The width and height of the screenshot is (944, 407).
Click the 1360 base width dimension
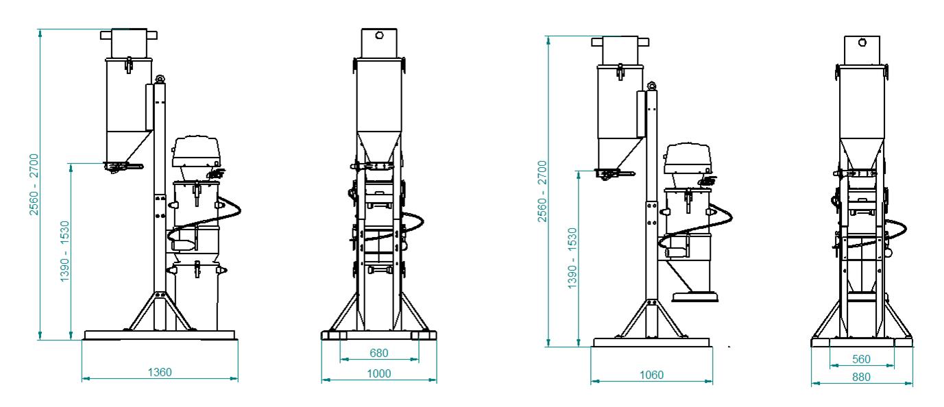(160, 373)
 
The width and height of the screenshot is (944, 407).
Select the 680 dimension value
(379, 353)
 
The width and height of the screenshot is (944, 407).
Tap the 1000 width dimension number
(379, 373)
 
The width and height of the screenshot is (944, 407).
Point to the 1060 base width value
(651, 375)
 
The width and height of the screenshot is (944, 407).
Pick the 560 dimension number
(861, 360)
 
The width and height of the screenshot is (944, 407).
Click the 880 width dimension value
(861, 377)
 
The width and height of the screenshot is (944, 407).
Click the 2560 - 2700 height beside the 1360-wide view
(34, 184)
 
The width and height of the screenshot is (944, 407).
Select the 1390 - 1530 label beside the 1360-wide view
(64, 251)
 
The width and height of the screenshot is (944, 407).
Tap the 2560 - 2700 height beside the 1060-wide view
(542, 191)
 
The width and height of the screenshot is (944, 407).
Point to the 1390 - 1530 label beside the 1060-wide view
(572, 258)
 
